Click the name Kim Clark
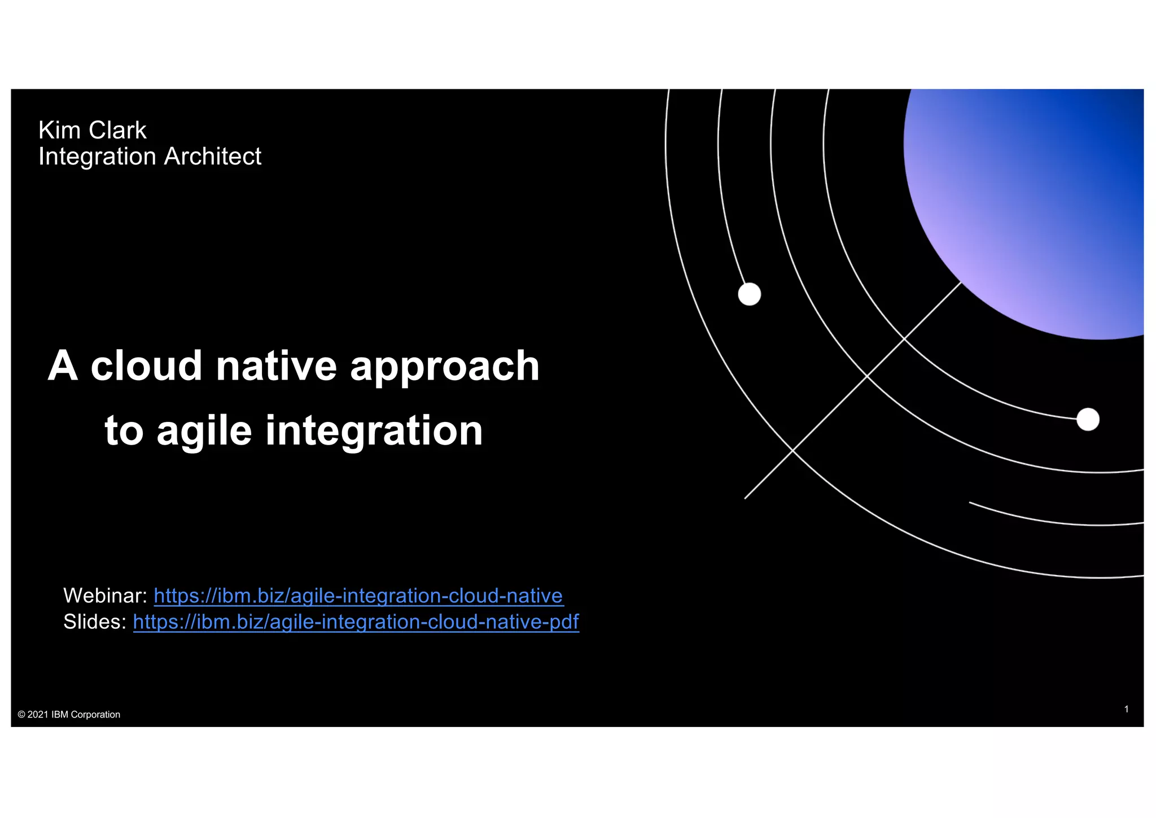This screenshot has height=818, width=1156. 92,130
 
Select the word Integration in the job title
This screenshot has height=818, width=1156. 97,156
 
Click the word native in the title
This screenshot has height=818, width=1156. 276,366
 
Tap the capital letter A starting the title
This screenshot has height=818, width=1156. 62,366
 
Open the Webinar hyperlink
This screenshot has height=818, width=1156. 358,595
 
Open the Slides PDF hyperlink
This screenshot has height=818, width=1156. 356,621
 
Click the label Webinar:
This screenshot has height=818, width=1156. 105,595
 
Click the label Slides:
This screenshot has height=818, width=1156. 95,621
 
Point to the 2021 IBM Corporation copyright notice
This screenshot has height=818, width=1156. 69,715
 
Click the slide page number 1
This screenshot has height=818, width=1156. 1127,709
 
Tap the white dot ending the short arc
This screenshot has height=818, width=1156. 750,294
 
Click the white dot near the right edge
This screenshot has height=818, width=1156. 1088,420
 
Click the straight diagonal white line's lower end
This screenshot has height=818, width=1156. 746,497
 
